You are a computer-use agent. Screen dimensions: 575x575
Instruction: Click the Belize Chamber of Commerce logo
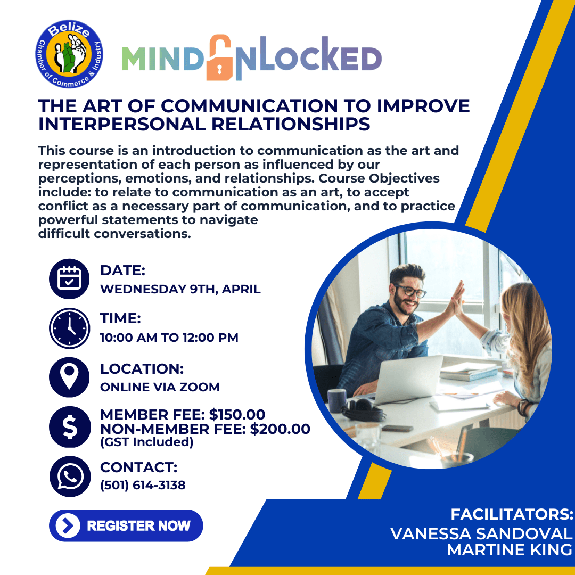point(69,54)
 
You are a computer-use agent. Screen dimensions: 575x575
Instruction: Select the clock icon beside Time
point(69,328)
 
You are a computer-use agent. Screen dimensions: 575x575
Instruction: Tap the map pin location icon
point(69,377)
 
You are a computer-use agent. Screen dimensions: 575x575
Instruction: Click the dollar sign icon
point(69,426)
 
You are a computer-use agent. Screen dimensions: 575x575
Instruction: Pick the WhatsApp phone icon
point(69,475)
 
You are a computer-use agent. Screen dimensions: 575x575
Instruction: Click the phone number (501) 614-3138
point(143,485)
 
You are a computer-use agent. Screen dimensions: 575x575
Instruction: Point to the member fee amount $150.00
point(237,415)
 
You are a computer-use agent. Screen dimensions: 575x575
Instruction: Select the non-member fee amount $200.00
point(280,429)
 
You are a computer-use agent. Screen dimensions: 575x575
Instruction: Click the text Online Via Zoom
point(160,387)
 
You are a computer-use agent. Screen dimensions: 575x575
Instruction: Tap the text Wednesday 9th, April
point(180,290)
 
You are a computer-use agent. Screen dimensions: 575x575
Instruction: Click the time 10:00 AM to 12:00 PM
point(169,338)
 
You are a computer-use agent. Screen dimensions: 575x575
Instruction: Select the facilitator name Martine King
point(509,550)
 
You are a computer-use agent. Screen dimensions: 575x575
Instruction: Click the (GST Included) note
point(146,442)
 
